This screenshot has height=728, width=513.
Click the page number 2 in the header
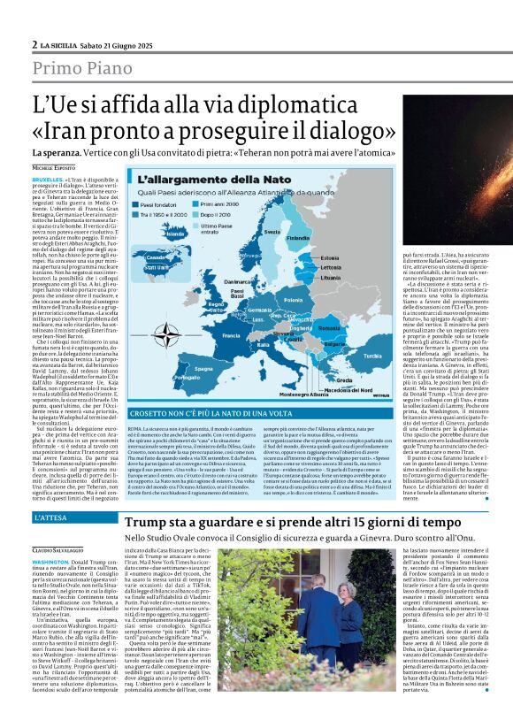pos(34,44)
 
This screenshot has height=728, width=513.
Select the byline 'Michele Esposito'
pos(55,166)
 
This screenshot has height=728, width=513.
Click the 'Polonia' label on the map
pos(291,299)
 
